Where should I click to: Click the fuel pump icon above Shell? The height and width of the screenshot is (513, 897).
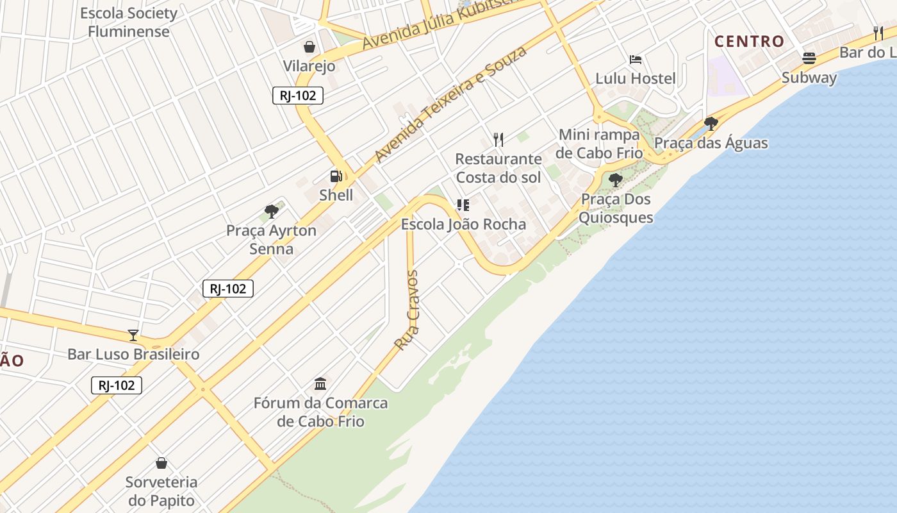336,176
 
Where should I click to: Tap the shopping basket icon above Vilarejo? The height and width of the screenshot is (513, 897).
309,47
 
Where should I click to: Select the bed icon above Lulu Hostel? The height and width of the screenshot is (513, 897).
636,60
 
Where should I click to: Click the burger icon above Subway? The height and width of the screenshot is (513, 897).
809,58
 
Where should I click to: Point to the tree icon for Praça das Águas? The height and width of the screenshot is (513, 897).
711,124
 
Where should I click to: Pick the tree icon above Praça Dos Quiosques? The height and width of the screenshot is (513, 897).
616,180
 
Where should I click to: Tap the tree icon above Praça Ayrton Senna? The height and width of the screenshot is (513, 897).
272,211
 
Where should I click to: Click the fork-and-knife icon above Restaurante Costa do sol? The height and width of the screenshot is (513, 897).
498,139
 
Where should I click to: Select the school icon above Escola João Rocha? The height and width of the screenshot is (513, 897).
463,205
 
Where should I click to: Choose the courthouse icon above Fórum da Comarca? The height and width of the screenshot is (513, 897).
320,384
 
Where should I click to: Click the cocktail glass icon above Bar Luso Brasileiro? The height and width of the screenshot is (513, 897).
133,335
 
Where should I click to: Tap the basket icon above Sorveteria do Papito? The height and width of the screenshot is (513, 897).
161,463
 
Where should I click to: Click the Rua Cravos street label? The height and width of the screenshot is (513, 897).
407,310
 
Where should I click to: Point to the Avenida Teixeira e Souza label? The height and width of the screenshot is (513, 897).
450,104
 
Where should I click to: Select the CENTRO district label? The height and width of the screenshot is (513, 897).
749,42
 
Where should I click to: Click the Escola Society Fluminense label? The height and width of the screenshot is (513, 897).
129,22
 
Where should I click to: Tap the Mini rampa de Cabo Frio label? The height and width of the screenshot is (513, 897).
599,144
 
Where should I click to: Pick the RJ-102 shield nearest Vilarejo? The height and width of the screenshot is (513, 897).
297,96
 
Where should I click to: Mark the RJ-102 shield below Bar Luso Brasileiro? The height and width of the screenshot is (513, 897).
116,385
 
